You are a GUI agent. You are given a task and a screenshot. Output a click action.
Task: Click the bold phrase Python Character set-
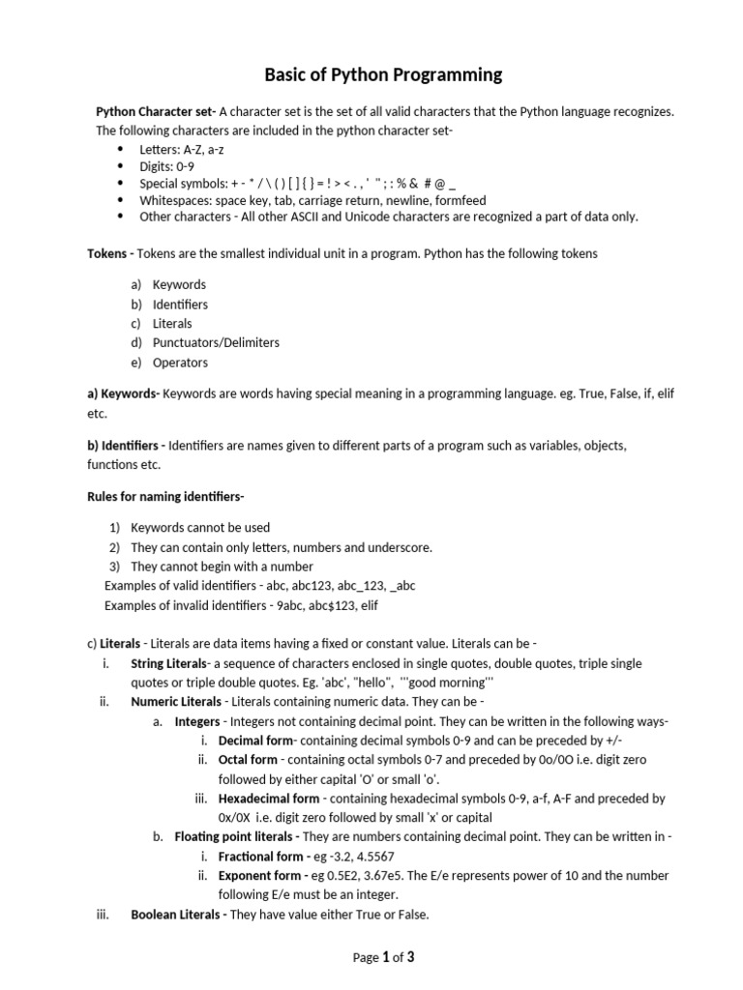(x=156, y=111)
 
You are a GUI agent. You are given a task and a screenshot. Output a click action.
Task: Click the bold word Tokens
(x=106, y=253)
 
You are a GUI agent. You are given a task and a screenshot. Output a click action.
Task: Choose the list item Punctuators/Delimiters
(x=216, y=343)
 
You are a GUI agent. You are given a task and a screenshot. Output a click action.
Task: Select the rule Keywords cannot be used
(x=200, y=528)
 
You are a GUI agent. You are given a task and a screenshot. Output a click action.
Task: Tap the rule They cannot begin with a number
(x=222, y=567)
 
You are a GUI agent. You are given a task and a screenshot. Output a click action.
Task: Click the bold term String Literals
(x=169, y=663)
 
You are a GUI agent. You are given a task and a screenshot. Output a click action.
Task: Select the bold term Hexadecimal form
(x=269, y=799)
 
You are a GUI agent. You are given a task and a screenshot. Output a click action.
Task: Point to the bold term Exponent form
(x=259, y=876)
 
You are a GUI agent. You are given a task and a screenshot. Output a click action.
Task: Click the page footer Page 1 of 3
(x=384, y=957)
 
